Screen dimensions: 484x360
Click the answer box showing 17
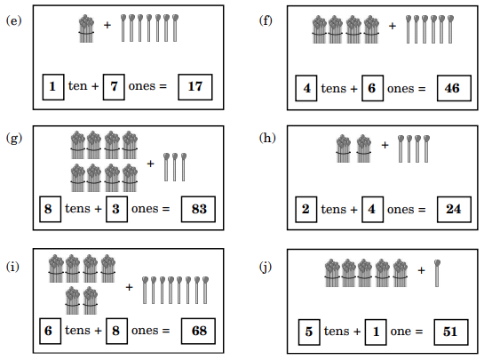click(x=195, y=87)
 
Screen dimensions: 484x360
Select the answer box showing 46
click(x=454, y=88)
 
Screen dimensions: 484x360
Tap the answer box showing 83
click(x=198, y=209)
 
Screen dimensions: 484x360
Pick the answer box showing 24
click(x=454, y=209)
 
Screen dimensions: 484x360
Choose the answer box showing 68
click(x=198, y=331)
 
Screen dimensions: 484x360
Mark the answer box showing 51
click(x=451, y=332)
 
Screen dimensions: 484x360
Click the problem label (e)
click(x=14, y=21)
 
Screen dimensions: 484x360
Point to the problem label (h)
click(x=267, y=138)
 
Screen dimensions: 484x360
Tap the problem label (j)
click(x=266, y=268)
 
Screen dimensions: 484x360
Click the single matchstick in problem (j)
click(x=437, y=273)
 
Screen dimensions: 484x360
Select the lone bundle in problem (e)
click(x=86, y=28)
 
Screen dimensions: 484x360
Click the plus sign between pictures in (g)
click(x=150, y=164)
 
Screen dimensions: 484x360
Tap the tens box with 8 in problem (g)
click(x=50, y=209)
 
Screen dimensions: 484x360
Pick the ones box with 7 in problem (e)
click(x=114, y=87)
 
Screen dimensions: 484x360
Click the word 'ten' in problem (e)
click(x=78, y=86)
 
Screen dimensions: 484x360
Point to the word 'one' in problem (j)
click(x=401, y=332)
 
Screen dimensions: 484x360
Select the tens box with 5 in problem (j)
click(x=309, y=332)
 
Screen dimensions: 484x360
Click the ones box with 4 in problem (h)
click(x=372, y=209)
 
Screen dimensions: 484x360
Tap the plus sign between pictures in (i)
click(x=129, y=287)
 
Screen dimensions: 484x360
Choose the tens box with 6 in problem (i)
click(x=50, y=331)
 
